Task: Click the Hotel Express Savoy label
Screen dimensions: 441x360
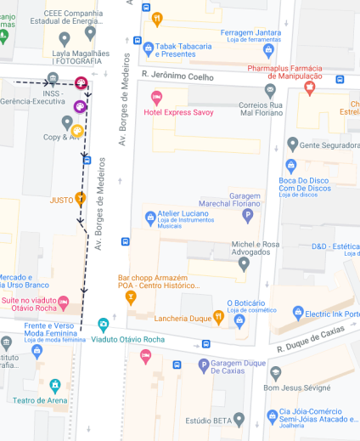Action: pos(179,112)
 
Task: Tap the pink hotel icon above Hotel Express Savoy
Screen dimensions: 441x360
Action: pos(156,98)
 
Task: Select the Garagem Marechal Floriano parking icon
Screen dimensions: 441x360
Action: pos(248,216)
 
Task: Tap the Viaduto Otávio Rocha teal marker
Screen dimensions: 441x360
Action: pos(104,324)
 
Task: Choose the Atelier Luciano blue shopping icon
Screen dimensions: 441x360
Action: pos(151,218)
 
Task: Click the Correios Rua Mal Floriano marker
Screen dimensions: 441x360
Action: pos(270,89)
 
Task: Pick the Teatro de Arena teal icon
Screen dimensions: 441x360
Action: pos(55,385)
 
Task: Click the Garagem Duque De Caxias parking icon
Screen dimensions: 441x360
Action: pos(203,365)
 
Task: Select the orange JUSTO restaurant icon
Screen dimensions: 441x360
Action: pos(81,199)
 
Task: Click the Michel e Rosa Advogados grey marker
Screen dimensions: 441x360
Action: pos(245,263)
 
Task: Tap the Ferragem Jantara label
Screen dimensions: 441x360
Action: pos(250,32)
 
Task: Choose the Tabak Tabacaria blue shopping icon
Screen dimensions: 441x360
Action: pos(149,48)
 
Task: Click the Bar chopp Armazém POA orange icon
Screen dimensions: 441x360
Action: pos(132,297)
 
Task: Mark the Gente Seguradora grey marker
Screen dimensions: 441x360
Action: pos(293,144)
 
